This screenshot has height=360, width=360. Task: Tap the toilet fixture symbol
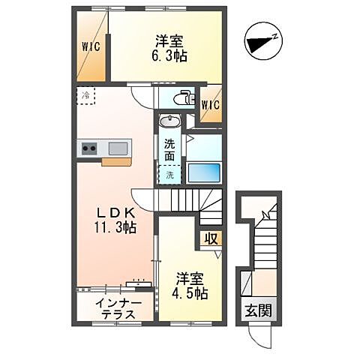(180, 97)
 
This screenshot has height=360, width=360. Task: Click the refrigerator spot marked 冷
(86, 96)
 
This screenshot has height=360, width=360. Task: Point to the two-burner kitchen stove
(89, 148)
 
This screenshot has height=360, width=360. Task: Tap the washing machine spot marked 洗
(169, 175)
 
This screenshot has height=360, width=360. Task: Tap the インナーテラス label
(115, 309)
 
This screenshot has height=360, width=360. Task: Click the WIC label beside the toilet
(209, 104)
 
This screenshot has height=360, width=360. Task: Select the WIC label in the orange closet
(91, 45)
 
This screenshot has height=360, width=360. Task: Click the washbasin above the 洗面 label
(169, 122)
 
